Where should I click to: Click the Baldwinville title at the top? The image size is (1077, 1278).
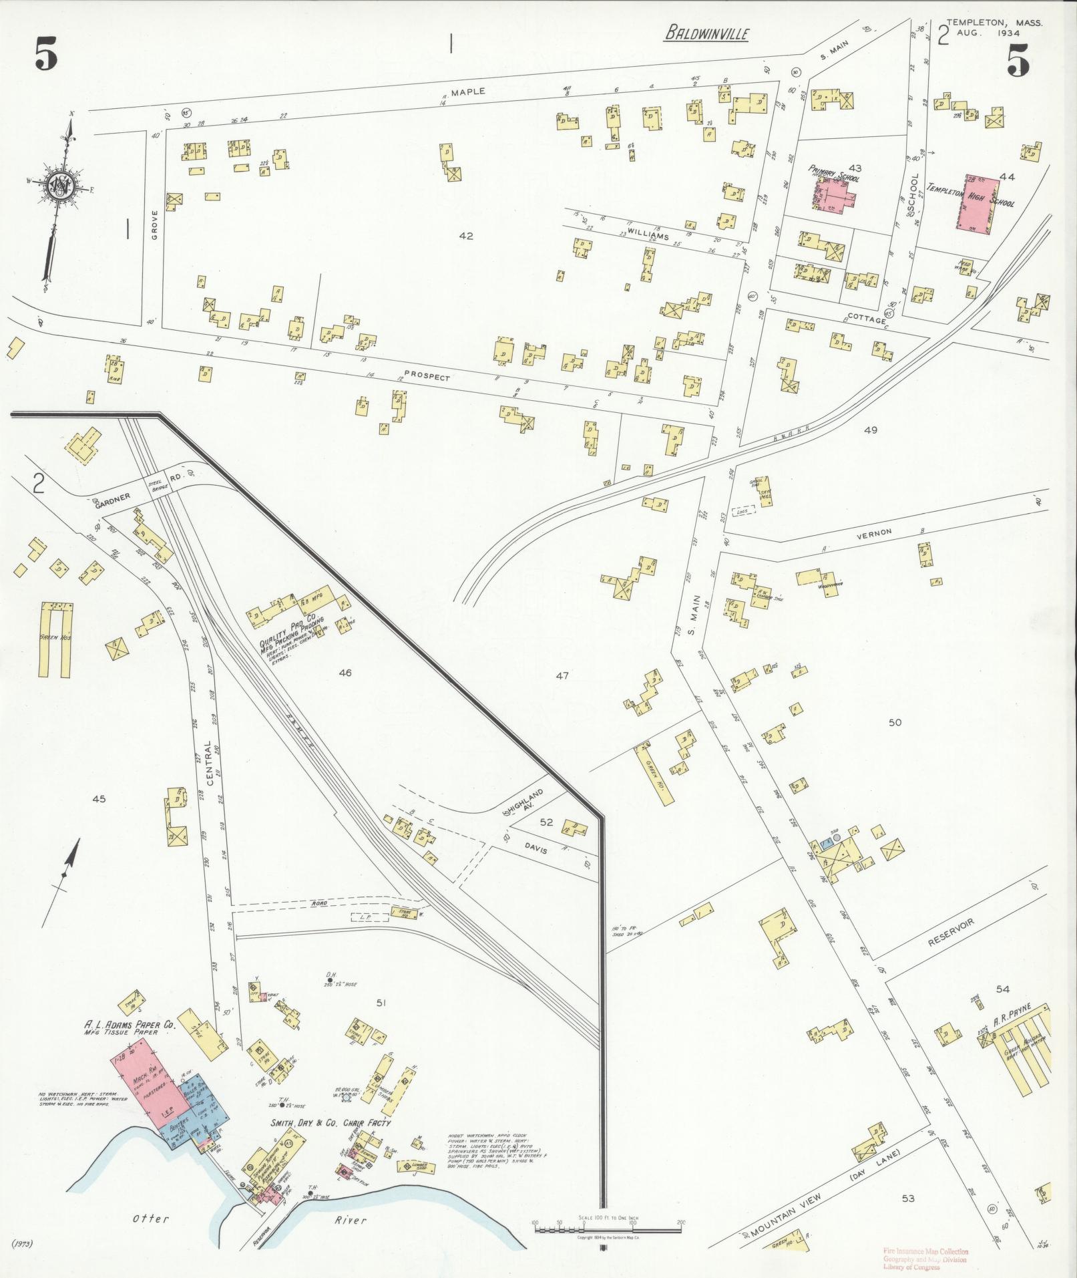pos(706,33)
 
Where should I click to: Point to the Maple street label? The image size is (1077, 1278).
pos(467,92)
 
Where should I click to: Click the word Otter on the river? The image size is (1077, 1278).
pos(148,1219)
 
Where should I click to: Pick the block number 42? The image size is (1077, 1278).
pos(466,236)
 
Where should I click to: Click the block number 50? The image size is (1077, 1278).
pos(895,723)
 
